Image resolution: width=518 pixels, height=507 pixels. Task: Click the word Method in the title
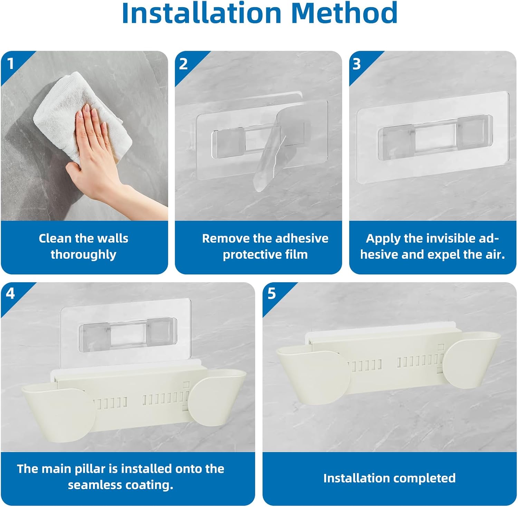pos(344,13)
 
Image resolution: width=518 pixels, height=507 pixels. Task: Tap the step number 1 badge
pos(11,64)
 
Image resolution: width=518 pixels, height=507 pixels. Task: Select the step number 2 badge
pos(183,64)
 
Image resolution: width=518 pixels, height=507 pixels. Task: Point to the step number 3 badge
pos(357,64)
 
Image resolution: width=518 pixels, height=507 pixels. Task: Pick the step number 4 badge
pos(10,293)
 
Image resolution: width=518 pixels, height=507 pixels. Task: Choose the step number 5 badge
pos(272,293)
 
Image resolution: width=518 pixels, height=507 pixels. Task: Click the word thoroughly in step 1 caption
pos(84,255)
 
